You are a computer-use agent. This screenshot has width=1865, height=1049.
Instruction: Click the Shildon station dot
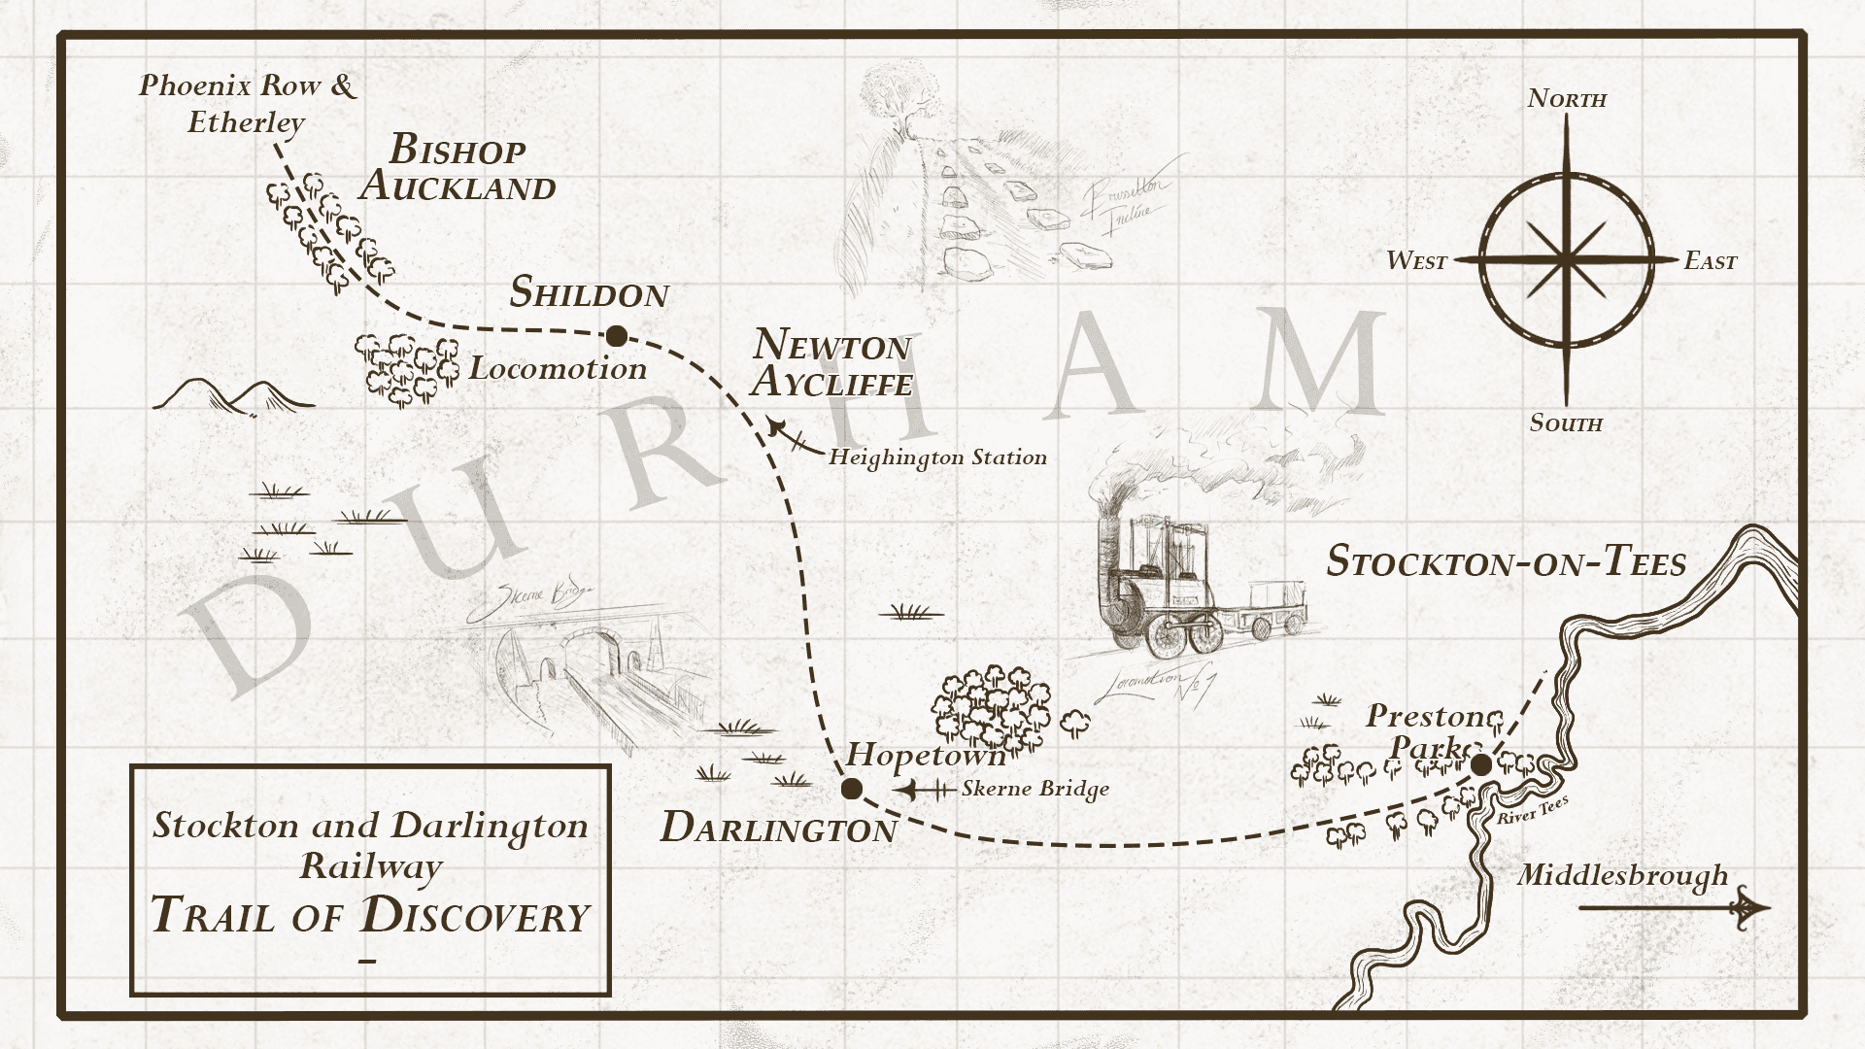(616, 337)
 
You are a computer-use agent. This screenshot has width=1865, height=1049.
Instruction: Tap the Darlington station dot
(852, 788)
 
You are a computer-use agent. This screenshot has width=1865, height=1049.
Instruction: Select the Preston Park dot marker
(1481, 765)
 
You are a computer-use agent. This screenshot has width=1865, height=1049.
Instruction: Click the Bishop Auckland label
(458, 168)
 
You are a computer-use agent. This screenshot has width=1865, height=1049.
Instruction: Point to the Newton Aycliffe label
(831, 362)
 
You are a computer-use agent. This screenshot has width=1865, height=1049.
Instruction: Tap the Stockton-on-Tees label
(1506, 562)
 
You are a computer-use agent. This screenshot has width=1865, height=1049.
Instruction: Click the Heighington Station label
(937, 457)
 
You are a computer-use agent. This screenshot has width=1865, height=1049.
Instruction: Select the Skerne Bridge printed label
(1035, 789)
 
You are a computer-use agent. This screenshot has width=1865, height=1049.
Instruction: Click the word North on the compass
(1567, 98)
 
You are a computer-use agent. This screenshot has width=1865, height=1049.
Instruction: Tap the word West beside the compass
(1416, 260)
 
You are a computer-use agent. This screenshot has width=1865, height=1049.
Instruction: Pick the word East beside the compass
(1710, 260)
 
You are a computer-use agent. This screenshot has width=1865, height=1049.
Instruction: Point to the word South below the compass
(1566, 423)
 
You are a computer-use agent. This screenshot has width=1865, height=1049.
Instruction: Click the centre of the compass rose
(1566, 259)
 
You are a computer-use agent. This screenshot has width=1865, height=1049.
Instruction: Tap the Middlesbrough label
(1622, 875)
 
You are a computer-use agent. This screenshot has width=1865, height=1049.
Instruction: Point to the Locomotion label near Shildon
(558, 368)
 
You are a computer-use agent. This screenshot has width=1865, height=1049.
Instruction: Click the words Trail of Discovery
(370, 915)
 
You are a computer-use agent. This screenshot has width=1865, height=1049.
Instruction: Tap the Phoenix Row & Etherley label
(248, 103)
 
